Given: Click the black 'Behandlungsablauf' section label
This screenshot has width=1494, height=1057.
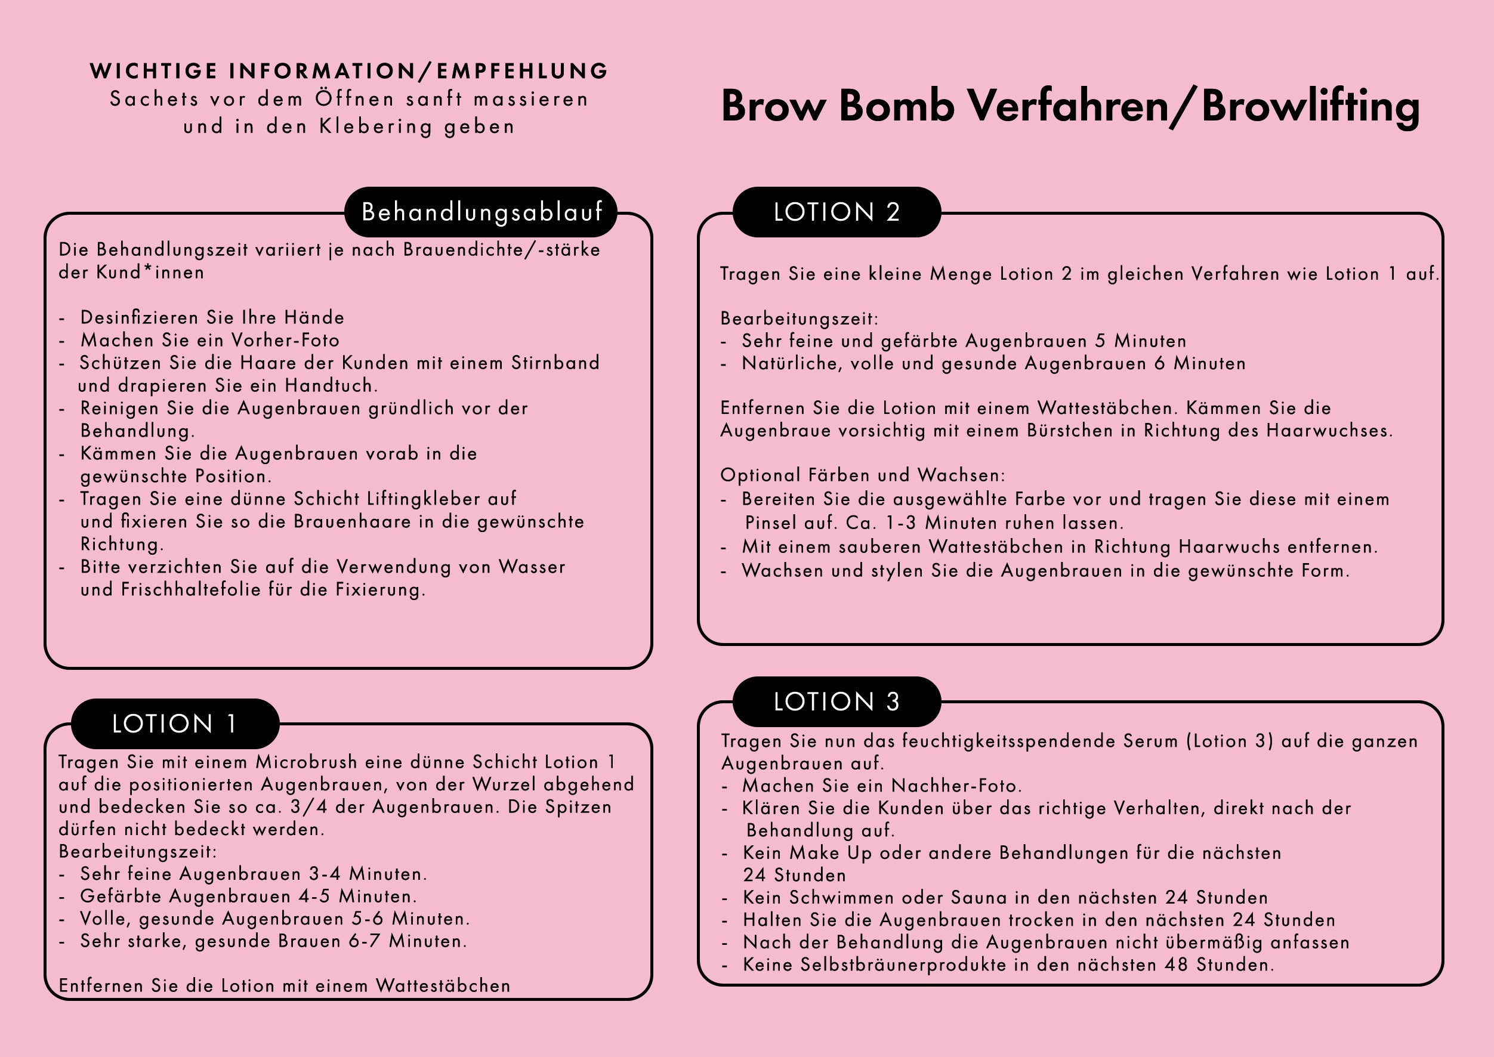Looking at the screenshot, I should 481,212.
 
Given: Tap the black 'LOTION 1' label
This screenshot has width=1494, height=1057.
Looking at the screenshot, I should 174,724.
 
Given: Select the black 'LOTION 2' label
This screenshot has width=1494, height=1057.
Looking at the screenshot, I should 836,212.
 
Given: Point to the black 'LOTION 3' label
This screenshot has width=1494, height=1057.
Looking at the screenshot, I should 836,701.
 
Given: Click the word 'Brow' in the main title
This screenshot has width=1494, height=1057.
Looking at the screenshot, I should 773,106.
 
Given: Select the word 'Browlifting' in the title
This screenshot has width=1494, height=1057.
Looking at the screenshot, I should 1310,106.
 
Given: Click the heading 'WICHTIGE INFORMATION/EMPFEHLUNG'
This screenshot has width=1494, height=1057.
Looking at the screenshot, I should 349,71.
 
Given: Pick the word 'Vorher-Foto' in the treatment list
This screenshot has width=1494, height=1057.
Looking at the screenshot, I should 286,341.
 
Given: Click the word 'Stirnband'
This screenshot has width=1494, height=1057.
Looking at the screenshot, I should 555,363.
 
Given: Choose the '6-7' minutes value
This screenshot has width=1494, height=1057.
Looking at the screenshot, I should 365,941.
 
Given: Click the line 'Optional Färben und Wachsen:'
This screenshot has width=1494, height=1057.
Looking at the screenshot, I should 863,475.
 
